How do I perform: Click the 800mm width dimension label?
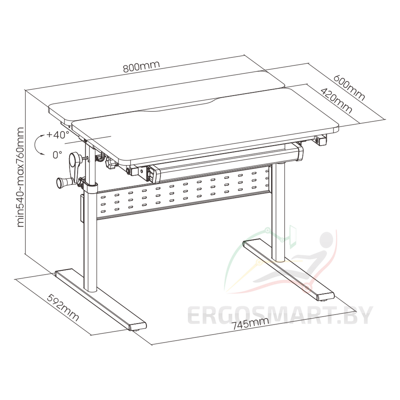pyautogui.click(x=141, y=66)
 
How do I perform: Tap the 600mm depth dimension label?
pyautogui.click(x=349, y=88)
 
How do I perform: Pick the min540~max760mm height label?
pyautogui.click(x=21, y=177)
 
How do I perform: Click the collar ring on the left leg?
pyautogui.click(x=91, y=188)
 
